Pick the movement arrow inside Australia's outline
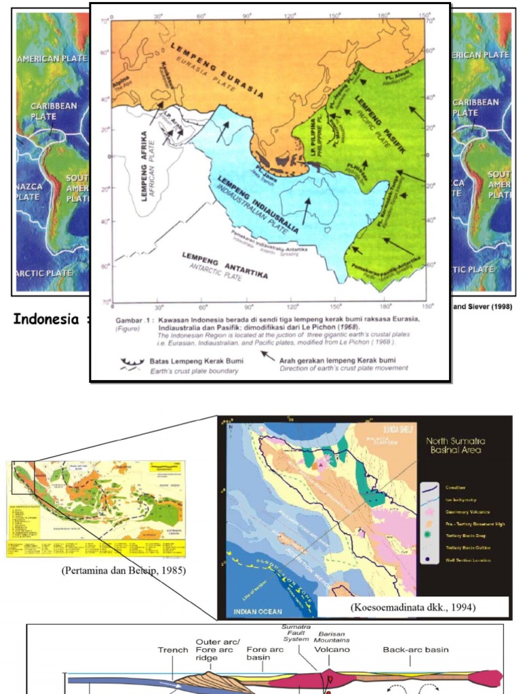pos(307,211)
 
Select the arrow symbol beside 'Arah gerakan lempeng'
pos(269,356)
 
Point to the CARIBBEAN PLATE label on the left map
pos(54,111)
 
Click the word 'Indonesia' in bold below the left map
pos(45,319)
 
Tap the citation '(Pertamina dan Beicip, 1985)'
pos(123,570)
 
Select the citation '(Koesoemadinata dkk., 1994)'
pos(412,607)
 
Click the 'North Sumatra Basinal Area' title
pos(455,445)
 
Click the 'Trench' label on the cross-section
pos(173,650)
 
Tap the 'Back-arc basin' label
pos(415,649)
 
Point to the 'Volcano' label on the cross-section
pos(332,649)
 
